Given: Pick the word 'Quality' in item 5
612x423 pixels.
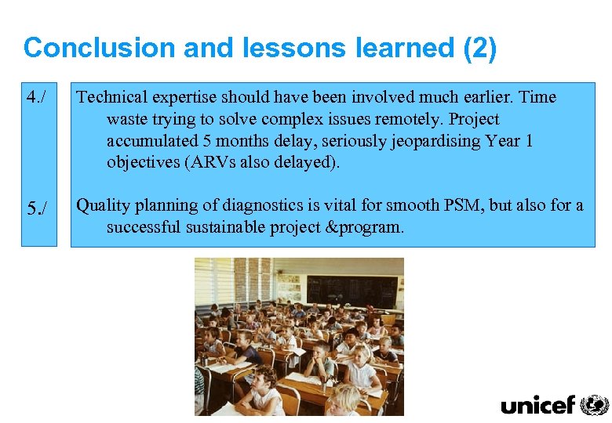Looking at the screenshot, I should point(102,206).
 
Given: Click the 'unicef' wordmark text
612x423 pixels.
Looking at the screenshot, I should point(537,405).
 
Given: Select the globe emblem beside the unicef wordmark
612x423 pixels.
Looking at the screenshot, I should point(594,404).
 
